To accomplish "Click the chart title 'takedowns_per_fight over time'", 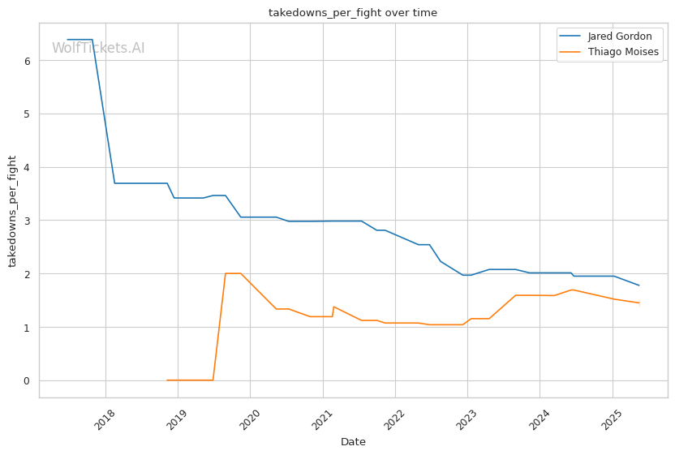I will tap(353, 13).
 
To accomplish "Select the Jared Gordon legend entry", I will tap(619, 36).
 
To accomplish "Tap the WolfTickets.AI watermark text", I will tap(98, 49).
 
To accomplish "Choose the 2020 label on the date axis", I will tap(250, 419).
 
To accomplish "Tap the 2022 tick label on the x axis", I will tap(395, 419).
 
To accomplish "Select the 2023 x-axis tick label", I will tap(467, 419).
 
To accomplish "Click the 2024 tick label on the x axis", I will tap(540, 419).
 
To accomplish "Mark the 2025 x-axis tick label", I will tap(613, 419).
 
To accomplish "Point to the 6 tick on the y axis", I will tap(28, 61).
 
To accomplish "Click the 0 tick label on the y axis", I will tap(28, 380).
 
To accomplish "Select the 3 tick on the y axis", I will tap(28, 221).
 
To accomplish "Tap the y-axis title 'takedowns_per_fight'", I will tap(13, 211).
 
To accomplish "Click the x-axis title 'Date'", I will tap(353, 442).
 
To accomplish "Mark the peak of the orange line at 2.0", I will tap(233, 273).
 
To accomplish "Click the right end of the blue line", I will tap(639, 285).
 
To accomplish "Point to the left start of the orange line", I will tap(167, 380).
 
